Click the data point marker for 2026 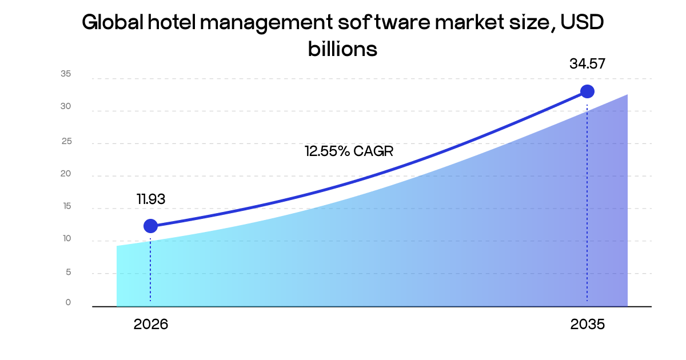click(x=150, y=226)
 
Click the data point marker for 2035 click(x=587, y=91)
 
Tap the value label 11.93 click(x=151, y=199)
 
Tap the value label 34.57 click(x=587, y=64)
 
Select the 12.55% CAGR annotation click(x=349, y=151)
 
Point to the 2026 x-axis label click(x=151, y=325)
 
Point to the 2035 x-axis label click(x=587, y=325)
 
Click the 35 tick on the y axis click(x=66, y=74)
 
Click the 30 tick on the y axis click(x=66, y=106)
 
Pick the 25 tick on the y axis click(x=66, y=141)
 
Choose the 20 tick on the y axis click(x=66, y=174)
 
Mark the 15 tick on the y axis click(x=66, y=206)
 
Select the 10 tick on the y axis click(x=66, y=239)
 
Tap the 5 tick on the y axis click(x=68, y=272)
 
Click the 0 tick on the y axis click(x=68, y=302)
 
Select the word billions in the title click(x=342, y=49)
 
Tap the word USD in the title click(x=581, y=23)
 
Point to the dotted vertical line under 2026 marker click(x=150, y=269)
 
